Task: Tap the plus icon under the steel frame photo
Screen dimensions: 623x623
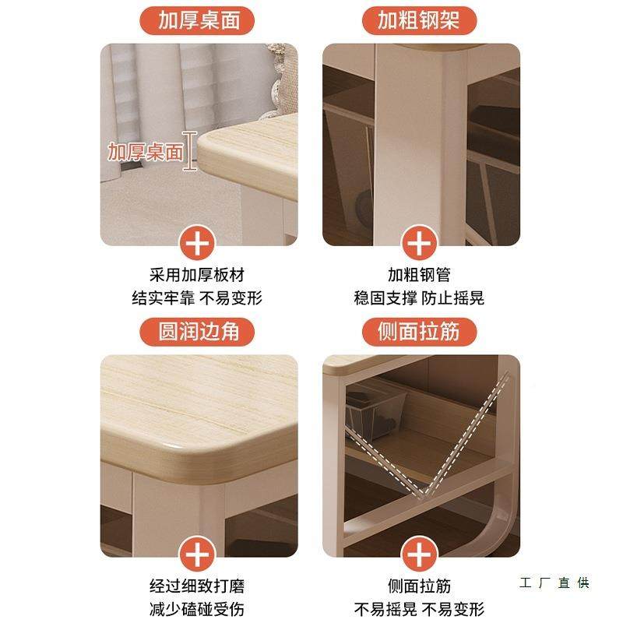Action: [x=420, y=243]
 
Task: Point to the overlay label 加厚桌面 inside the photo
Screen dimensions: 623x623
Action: [x=145, y=151]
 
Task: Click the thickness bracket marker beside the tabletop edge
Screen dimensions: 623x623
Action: [x=189, y=150]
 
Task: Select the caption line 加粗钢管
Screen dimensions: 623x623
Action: [x=420, y=275]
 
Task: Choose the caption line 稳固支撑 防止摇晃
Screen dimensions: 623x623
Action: [x=420, y=297]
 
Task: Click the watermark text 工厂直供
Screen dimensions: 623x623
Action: [x=554, y=583]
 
